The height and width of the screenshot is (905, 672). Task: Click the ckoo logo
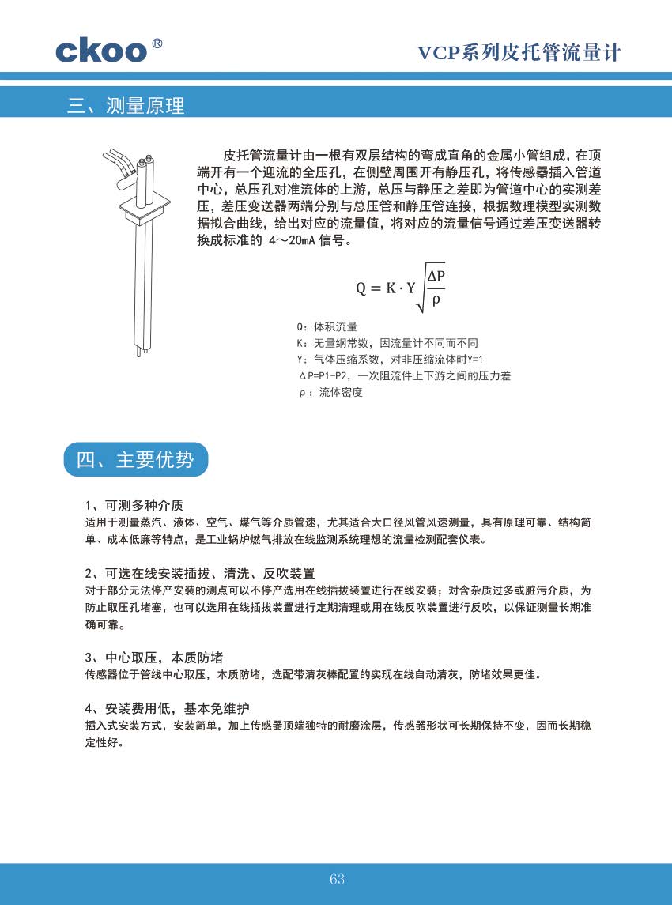[101, 50]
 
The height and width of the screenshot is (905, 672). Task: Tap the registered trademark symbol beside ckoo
[157, 43]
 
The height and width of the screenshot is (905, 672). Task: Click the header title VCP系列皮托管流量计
[519, 53]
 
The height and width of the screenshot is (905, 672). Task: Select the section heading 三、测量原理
[126, 105]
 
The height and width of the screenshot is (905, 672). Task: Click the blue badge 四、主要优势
[135, 460]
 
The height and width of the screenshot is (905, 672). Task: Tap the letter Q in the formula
[361, 288]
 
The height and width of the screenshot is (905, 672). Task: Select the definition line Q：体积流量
[327, 326]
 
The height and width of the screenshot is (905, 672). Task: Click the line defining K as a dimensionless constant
[387, 343]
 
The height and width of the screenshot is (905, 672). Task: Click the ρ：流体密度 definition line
[330, 393]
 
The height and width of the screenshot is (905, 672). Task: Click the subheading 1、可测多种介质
[134, 505]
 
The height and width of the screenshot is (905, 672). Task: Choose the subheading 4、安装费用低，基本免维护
[172, 707]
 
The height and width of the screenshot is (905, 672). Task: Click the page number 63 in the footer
[337, 880]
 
